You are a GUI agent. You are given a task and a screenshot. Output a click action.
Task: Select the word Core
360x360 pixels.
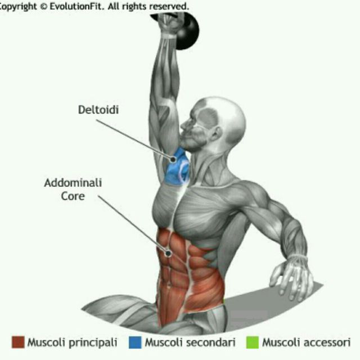pos(73,197)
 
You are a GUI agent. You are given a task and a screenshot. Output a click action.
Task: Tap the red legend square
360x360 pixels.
pos(18,342)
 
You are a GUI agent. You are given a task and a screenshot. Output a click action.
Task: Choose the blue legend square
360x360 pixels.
pos(134,342)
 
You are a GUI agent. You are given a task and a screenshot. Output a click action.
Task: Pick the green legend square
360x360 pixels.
pos(252,342)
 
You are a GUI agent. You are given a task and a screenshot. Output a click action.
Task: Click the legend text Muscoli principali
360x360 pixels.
pos(73,342)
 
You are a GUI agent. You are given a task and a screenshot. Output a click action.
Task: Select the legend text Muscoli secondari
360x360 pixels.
pos(190,342)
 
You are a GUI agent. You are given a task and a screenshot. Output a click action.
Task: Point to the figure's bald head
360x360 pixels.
pos(222,112)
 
